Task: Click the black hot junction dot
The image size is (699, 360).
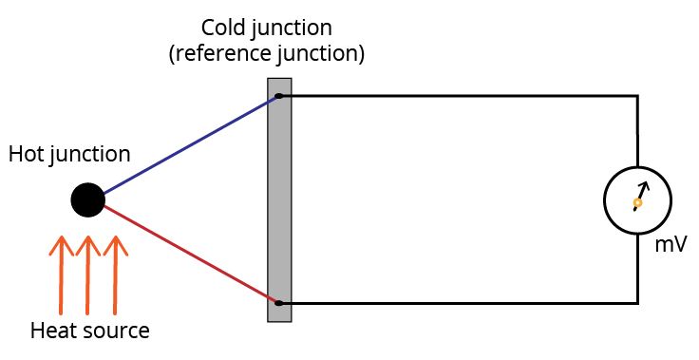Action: (x=87, y=199)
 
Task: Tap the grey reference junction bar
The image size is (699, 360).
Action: (x=279, y=199)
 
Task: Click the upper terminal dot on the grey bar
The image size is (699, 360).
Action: (x=278, y=96)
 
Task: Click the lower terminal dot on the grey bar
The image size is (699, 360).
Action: (x=278, y=303)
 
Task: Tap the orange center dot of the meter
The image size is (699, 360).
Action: (x=637, y=202)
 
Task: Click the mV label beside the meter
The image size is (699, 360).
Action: (x=671, y=244)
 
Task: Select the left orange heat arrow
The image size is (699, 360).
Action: (x=61, y=275)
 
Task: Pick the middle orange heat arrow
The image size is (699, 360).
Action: (x=87, y=275)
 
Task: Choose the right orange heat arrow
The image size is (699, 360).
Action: (x=115, y=275)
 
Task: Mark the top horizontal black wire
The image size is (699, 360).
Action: (x=456, y=96)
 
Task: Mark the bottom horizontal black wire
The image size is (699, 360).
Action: (x=456, y=303)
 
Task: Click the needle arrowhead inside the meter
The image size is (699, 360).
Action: (x=644, y=186)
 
